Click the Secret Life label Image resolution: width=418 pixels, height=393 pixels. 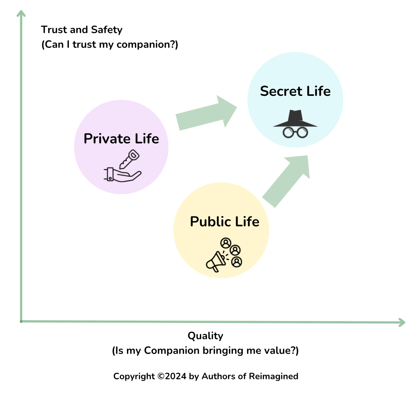click(x=295, y=91)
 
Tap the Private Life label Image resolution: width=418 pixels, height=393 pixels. click(x=121, y=139)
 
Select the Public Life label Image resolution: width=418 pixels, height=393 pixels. click(x=225, y=222)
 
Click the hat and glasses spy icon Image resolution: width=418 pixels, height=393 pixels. click(x=295, y=124)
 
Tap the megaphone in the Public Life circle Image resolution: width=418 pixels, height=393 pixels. click(x=215, y=261)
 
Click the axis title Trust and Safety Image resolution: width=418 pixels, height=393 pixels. click(x=82, y=29)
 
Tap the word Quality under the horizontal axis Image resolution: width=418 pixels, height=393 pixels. click(x=205, y=336)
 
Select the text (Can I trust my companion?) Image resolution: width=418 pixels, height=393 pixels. click(x=109, y=45)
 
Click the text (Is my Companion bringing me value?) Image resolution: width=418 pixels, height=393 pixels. click(x=205, y=351)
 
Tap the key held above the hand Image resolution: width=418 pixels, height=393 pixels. click(x=129, y=159)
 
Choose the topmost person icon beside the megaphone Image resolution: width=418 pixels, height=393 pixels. click(x=226, y=242)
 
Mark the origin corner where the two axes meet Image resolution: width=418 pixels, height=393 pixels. click(x=21, y=321)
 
